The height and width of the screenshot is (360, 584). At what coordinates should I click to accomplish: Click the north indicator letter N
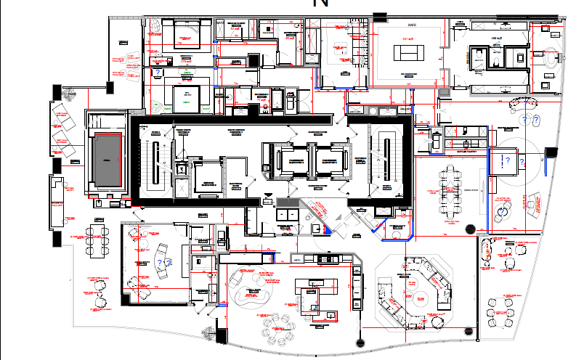[320, 4]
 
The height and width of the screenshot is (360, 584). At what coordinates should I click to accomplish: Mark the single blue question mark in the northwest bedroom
[158, 73]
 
